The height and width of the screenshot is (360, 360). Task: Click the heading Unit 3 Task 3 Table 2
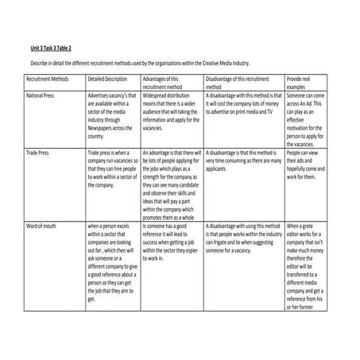[x=51, y=49]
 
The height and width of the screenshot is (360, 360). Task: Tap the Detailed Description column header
[x=106, y=80]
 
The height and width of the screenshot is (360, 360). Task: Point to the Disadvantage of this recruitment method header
[x=238, y=84]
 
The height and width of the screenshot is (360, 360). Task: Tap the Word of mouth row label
[x=43, y=225]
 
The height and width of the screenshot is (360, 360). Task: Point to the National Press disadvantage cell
[x=242, y=104]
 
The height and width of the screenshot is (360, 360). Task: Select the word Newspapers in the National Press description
[x=104, y=127]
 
